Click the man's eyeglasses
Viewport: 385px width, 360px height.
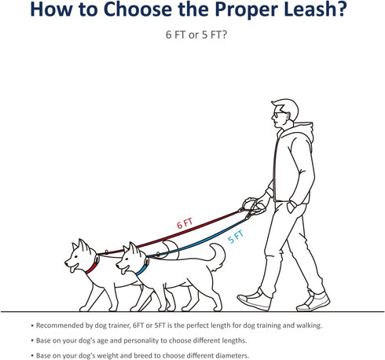coord(277,115)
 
